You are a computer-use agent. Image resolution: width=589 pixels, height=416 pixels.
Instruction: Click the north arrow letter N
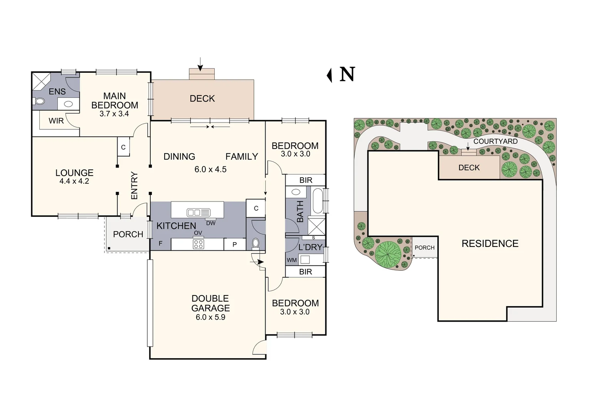[x=347, y=74]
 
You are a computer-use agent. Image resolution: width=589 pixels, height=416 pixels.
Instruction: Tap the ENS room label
[x=57, y=92]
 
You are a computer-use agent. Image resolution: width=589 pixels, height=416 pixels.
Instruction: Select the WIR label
[x=56, y=121]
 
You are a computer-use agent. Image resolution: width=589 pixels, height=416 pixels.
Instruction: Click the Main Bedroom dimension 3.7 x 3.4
[x=114, y=114]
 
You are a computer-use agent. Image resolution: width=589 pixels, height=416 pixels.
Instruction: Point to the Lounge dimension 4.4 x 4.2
[x=74, y=181]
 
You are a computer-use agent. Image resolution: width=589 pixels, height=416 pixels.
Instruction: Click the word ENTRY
[x=134, y=186]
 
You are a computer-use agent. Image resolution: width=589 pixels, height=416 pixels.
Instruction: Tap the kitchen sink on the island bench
[x=198, y=212]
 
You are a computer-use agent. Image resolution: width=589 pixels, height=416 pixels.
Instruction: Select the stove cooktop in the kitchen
[x=198, y=244]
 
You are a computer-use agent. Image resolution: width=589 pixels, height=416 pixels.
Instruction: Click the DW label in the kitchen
[x=211, y=223]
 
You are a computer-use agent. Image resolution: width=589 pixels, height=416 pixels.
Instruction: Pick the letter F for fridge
[x=160, y=244]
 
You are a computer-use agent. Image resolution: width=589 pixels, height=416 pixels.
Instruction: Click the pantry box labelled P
[x=234, y=245]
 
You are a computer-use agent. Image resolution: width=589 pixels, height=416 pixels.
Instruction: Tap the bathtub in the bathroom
[x=318, y=200]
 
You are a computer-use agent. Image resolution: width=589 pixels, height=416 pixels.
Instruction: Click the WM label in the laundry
[x=292, y=260]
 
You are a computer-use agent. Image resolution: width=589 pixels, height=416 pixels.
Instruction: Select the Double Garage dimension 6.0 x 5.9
[x=210, y=317]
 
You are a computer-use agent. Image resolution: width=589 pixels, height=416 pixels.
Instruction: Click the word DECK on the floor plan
[x=202, y=99]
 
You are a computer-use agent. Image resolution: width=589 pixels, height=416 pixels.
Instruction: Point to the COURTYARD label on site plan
[x=495, y=141]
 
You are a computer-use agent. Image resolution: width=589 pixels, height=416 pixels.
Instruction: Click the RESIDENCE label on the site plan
[x=490, y=243]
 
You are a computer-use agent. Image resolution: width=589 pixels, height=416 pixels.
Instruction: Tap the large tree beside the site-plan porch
[x=388, y=254]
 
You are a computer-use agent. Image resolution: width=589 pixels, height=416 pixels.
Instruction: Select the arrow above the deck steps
[x=200, y=64]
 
